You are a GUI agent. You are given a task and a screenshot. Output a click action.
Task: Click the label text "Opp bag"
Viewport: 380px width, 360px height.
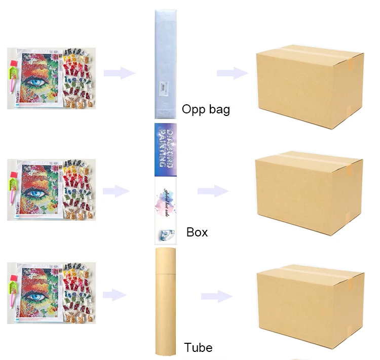pyautogui.click(x=206, y=109)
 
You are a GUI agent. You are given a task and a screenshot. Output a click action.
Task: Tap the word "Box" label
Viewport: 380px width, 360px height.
pyautogui.click(x=197, y=232)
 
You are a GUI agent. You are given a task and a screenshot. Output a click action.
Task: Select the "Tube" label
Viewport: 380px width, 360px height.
pyautogui.click(x=198, y=347)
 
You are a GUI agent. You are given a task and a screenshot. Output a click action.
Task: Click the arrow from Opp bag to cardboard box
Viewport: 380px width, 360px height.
pyautogui.click(x=232, y=73)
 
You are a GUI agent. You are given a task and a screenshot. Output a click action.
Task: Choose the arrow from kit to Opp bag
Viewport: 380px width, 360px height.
pyautogui.click(x=120, y=73)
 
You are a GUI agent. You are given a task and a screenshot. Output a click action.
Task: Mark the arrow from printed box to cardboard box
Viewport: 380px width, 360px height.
pyautogui.click(x=213, y=191)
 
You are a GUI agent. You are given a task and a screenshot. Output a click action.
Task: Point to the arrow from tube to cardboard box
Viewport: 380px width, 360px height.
pyautogui.click(x=217, y=297)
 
